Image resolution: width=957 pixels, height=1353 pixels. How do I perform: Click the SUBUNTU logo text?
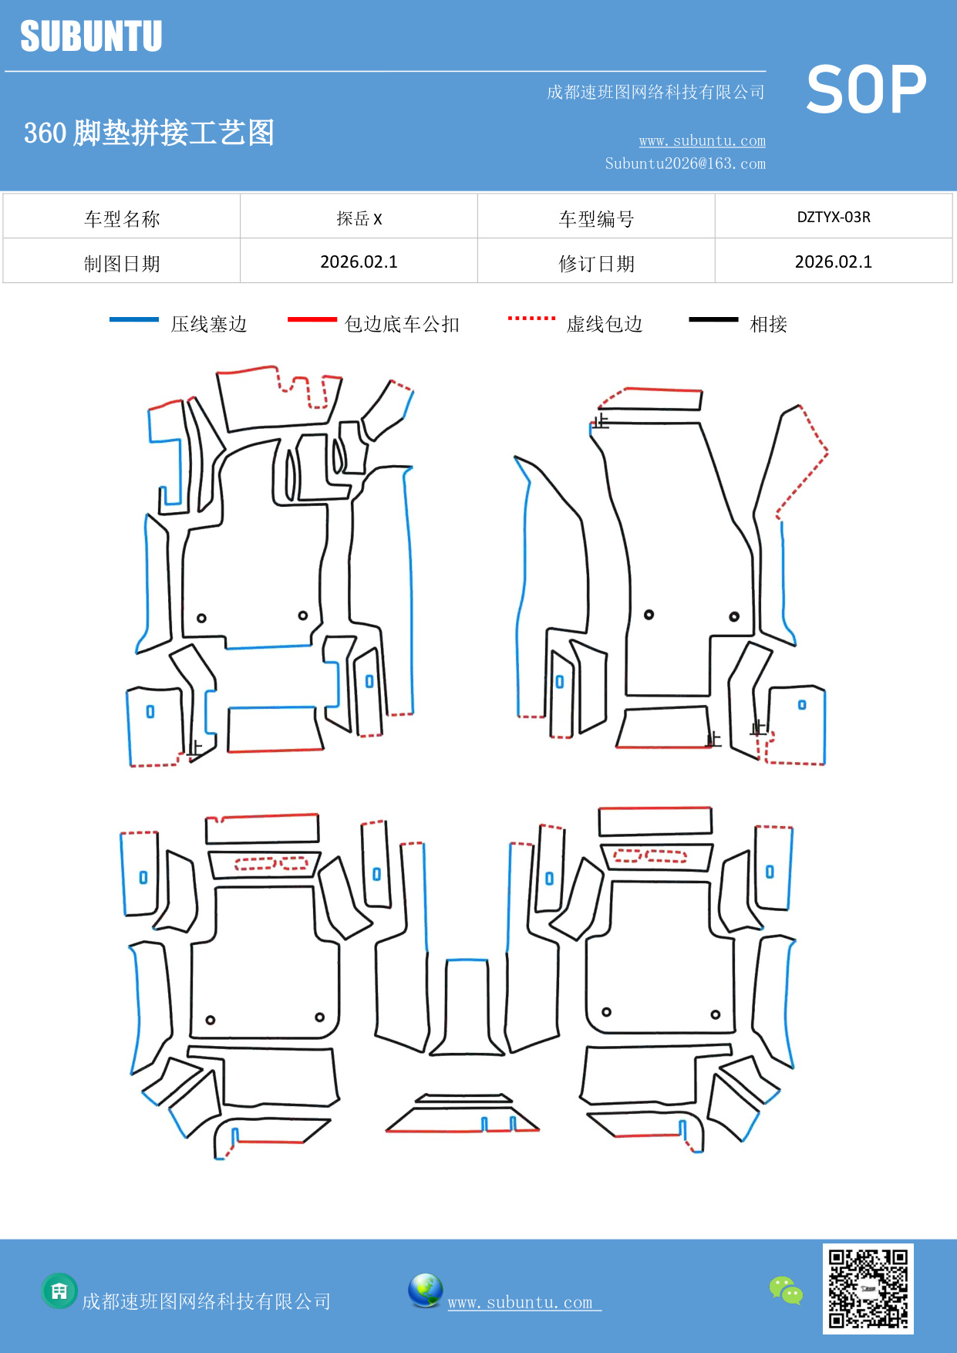click(x=91, y=36)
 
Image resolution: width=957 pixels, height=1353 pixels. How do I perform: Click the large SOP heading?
click(x=866, y=89)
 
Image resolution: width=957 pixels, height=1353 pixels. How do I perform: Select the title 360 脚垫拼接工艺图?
click(x=149, y=133)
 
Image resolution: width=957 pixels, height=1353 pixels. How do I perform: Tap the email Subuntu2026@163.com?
click(x=685, y=164)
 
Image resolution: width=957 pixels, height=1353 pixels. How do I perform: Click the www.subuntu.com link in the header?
click(x=702, y=140)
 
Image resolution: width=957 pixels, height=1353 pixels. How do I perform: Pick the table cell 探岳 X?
click(x=359, y=218)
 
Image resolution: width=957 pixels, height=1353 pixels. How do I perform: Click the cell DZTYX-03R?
click(x=833, y=217)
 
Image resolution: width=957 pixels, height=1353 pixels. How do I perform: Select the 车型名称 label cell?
click(x=122, y=219)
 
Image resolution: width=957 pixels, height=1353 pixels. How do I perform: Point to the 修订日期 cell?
click(x=596, y=264)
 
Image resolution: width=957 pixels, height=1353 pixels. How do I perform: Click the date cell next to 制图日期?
click(x=359, y=262)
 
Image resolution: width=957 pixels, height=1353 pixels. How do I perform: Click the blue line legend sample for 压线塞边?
click(x=134, y=319)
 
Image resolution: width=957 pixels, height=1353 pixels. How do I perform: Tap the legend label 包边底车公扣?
click(x=402, y=324)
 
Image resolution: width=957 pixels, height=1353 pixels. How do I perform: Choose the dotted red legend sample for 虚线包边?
click(x=531, y=319)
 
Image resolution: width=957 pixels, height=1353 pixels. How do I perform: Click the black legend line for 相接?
click(x=713, y=319)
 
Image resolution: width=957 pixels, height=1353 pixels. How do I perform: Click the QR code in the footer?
click(x=868, y=1288)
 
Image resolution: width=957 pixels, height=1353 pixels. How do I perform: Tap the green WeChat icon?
click(x=786, y=1290)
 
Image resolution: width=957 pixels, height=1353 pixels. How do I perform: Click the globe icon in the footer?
click(x=425, y=1291)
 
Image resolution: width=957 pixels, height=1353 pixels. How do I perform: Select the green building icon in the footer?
click(x=59, y=1291)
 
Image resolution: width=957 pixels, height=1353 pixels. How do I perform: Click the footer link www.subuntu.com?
click(x=521, y=1302)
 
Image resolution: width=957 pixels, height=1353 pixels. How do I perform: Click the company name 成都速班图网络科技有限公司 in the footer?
click(x=206, y=1301)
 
